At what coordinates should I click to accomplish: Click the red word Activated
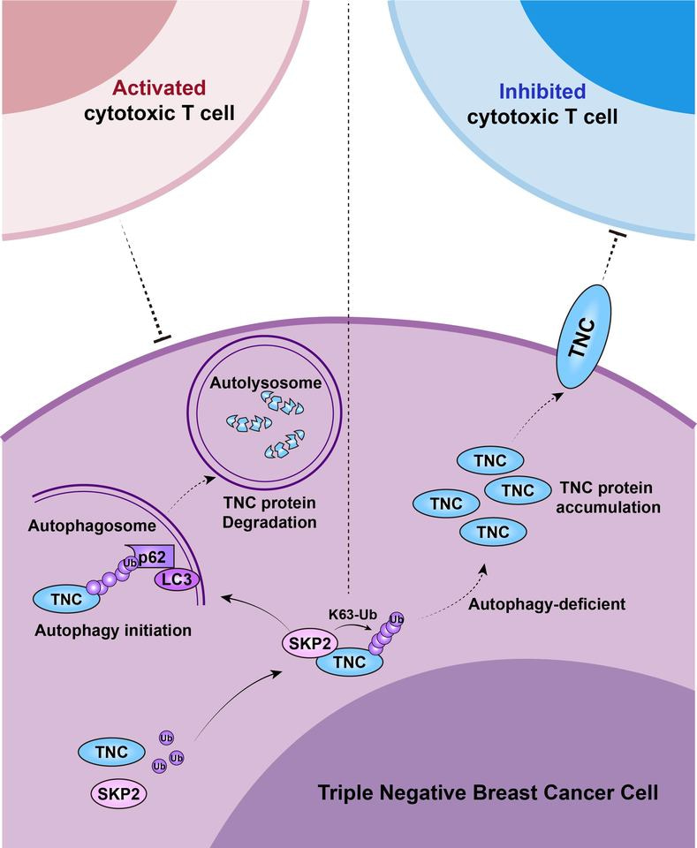coord(160,88)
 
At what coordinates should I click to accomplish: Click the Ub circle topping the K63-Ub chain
coord(397,617)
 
